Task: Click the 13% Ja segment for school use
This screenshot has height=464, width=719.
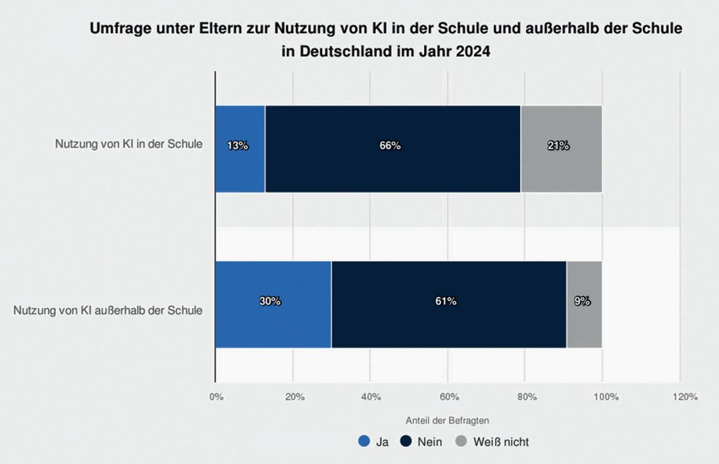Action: (240, 149)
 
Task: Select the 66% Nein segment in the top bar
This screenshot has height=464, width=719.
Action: (392, 149)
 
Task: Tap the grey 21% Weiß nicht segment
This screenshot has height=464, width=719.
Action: (561, 149)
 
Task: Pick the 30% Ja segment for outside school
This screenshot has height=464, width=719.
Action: (273, 304)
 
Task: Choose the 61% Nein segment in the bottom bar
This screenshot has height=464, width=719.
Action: (448, 304)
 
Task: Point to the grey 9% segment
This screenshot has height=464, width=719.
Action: (584, 304)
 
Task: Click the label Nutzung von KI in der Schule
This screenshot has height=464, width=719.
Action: (128, 145)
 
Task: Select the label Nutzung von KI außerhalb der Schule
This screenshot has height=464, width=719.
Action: (108, 310)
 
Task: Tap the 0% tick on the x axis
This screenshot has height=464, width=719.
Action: (216, 397)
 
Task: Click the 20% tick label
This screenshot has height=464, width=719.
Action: (294, 397)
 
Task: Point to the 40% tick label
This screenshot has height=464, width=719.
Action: (371, 397)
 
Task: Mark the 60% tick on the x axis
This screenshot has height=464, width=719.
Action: (448, 397)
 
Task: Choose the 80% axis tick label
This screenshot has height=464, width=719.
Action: (526, 397)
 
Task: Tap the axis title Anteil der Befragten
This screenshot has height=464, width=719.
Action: (447, 419)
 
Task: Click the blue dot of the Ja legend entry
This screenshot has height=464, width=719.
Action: (363, 442)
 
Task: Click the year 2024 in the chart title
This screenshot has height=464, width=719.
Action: (471, 52)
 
